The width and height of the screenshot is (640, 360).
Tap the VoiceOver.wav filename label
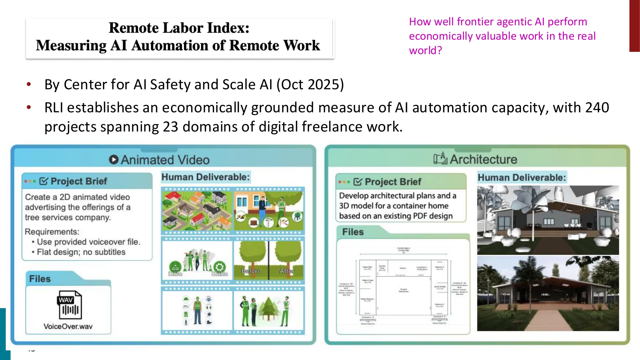[x=68, y=326]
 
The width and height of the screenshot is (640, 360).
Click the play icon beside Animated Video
[x=113, y=159]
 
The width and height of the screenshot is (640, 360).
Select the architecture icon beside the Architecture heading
[x=440, y=158]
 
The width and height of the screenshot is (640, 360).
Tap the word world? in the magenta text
[x=425, y=51]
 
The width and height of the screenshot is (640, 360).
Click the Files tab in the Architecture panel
[x=353, y=232]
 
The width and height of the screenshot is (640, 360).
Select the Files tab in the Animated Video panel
[x=40, y=279]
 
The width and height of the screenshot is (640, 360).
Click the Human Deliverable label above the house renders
[x=522, y=178]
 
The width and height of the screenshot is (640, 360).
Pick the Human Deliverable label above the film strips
[x=205, y=177]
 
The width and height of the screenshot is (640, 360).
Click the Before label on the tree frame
[x=251, y=271]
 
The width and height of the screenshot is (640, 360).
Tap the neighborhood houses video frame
[x=197, y=210]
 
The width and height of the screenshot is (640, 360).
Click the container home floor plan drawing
[x=403, y=285]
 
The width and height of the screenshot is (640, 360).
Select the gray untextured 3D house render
[x=548, y=220]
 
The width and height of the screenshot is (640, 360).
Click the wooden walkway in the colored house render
[x=544, y=320]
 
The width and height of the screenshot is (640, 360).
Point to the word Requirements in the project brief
[x=52, y=231]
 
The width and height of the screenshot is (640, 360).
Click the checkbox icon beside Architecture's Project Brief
[x=358, y=182]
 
